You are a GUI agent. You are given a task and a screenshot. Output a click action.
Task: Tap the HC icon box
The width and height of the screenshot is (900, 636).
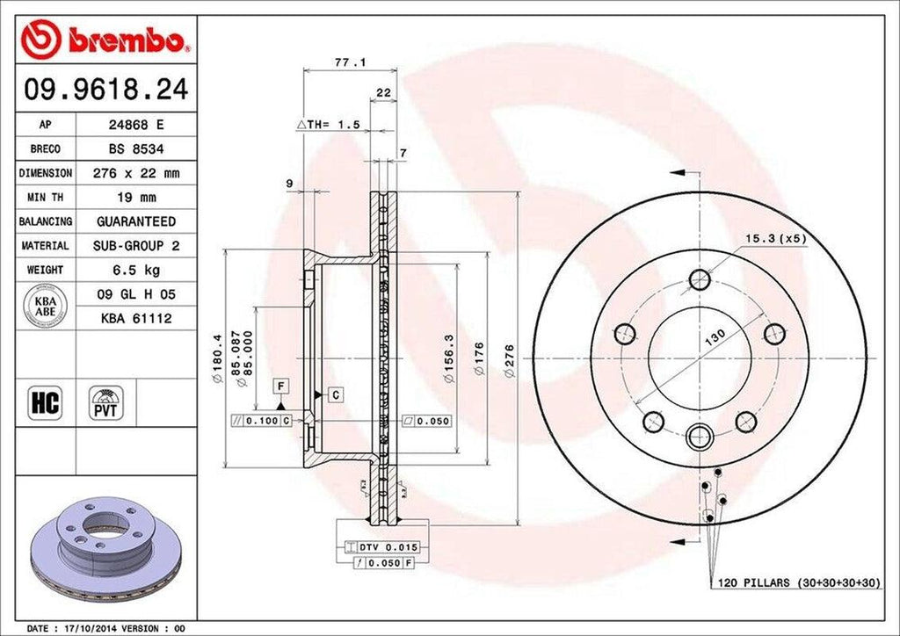tap(45, 403)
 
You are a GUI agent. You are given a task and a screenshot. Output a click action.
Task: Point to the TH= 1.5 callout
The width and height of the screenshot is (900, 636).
tap(330, 126)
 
